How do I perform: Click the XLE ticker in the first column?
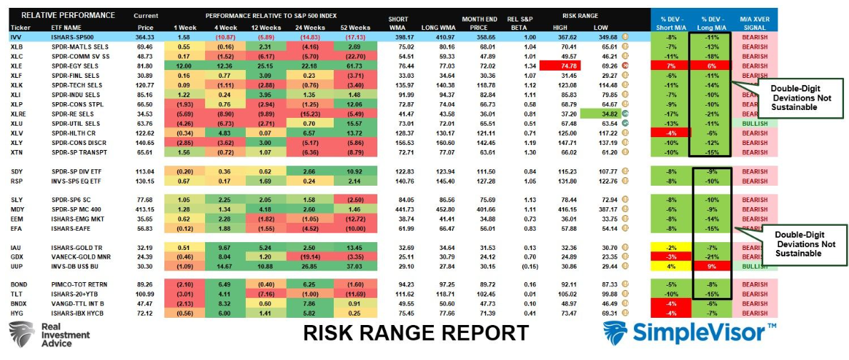tap(15, 65)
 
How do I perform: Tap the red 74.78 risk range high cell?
tap(553, 65)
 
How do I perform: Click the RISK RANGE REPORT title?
tap(416, 332)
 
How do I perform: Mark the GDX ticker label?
tap(16, 255)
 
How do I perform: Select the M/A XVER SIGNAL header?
tap(755, 19)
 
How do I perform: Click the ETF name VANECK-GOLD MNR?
tap(76, 255)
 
